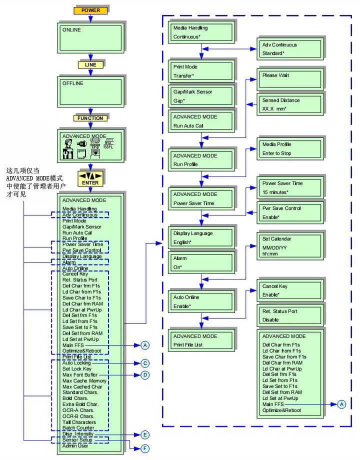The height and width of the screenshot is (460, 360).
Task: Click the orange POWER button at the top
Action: click(90, 10)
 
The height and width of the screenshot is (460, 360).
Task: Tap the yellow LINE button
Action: click(90, 65)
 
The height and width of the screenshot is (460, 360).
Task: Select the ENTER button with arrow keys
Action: click(90, 178)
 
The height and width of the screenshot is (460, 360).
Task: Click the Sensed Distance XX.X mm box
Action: click(287, 104)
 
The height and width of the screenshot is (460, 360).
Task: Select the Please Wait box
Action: click(287, 79)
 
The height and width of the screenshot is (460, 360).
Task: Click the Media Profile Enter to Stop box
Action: click(287, 148)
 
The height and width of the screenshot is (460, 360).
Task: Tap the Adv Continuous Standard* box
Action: click(287, 48)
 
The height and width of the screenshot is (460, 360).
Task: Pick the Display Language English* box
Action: click(201, 237)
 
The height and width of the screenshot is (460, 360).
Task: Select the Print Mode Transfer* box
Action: click(201, 70)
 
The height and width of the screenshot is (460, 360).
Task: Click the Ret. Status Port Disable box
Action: click(287, 315)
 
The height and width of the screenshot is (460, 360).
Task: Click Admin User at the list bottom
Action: click(75, 446)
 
